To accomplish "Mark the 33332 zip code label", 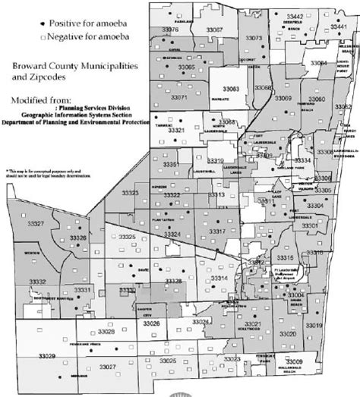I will coord(36,282).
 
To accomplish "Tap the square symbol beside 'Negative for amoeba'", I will coord(48,36).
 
